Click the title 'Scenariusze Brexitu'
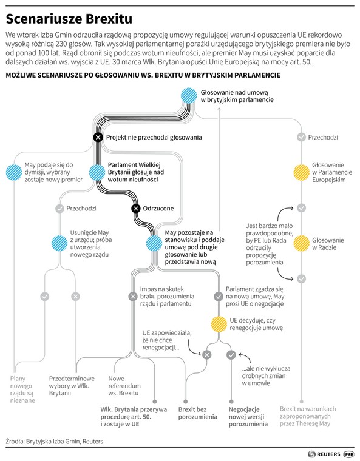click(x=69, y=19)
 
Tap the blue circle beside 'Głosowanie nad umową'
click(x=189, y=96)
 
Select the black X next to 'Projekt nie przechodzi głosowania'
click(x=98, y=137)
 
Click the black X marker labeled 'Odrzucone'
click(x=136, y=209)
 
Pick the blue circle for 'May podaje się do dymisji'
click(x=14, y=172)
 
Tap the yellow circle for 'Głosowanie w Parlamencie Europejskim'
click(x=301, y=172)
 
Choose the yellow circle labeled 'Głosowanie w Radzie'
click(x=301, y=243)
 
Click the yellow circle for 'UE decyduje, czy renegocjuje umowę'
click(x=219, y=325)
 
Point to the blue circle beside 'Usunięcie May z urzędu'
click(x=59, y=243)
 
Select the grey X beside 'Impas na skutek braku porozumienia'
click(x=133, y=297)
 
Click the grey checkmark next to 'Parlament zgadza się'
click(x=219, y=297)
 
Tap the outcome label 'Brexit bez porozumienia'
click(x=197, y=413)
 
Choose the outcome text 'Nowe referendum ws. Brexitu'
click(x=124, y=386)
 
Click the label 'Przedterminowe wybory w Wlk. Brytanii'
click(x=72, y=386)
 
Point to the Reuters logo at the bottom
click(x=324, y=454)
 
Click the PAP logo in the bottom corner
click(x=349, y=454)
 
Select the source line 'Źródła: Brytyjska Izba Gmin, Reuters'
click(x=55, y=442)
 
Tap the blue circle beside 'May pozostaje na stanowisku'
click(x=154, y=243)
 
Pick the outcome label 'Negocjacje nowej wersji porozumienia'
click(x=248, y=417)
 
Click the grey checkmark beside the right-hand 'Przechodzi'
click(x=301, y=137)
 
